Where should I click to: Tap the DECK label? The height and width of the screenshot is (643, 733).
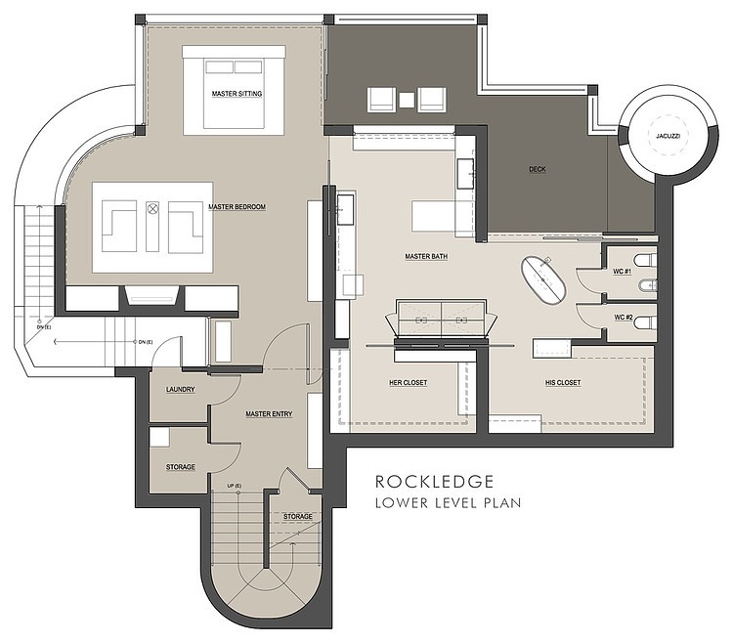click(x=537, y=169)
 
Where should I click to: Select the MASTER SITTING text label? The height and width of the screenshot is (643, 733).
click(x=235, y=94)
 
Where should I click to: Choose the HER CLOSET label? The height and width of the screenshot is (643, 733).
click(x=406, y=382)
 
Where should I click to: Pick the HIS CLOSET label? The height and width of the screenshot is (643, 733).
click(x=562, y=382)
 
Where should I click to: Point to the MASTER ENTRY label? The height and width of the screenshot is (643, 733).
click(x=269, y=414)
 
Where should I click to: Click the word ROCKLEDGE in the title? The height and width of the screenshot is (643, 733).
click(x=433, y=481)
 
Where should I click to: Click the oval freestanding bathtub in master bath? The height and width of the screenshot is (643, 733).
click(x=543, y=278)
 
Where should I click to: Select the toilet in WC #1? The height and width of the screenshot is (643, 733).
click(x=642, y=260)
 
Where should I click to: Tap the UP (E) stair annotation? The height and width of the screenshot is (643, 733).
click(x=235, y=486)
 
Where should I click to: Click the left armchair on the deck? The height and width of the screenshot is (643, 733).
click(x=381, y=99)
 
